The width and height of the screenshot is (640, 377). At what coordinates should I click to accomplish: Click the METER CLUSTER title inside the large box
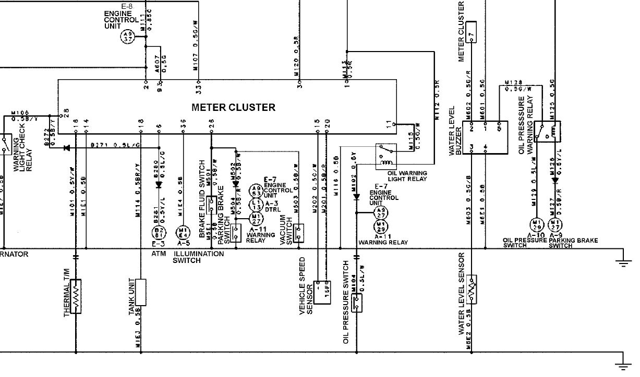pyautogui.click(x=233, y=108)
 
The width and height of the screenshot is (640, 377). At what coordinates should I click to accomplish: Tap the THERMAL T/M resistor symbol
pyautogui.click(x=76, y=296)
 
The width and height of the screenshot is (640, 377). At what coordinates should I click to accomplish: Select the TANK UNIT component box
pyautogui.click(x=140, y=292)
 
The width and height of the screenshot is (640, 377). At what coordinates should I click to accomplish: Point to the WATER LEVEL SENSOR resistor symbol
pyautogui.click(x=472, y=289)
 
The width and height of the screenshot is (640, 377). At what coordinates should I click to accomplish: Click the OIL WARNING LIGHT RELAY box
pyautogui.click(x=385, y=156)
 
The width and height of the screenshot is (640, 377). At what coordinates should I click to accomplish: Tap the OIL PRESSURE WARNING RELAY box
pyautogui.click(x=548, y=132)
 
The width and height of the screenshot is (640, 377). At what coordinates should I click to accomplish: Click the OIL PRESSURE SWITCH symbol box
pyautogui.click(x=357, y=303)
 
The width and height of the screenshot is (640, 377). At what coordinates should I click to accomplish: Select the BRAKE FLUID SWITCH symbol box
pyautogui.click(x=211, y=206)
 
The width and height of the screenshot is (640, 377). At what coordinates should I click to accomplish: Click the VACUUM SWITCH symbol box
pyautogui.click(x=298, y=233)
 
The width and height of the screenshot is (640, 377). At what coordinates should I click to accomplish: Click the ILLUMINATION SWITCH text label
pyautogui.click(x=198, y=257)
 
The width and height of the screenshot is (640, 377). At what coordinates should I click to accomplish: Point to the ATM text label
pyautogui.click(x=158, y=254)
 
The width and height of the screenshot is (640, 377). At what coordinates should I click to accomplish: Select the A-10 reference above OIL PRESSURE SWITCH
pyautogui.click(x=536, y=235)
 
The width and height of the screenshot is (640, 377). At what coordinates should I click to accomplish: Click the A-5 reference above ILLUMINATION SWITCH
pyautogui.click(x=183, y=243)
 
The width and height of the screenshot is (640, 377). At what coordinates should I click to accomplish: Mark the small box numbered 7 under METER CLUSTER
pyautogui.click(x=472, y=31)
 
